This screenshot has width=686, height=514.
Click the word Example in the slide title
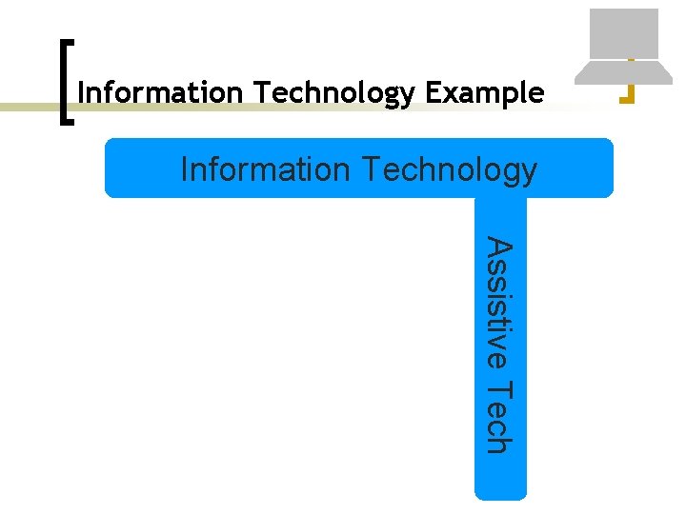(485, 93)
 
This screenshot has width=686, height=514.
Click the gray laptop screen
(624, 33)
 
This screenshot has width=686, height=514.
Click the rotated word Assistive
(500, 304)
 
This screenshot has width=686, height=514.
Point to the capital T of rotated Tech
(500, 390)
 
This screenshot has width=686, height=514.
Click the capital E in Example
(434, 93)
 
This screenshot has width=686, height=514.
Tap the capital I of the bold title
(80, 93)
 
